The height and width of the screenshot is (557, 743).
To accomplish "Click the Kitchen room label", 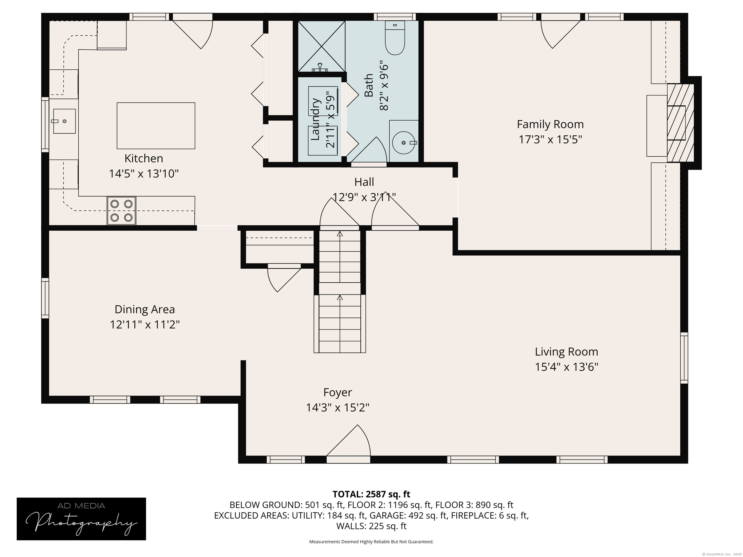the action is click(x=144, y=159).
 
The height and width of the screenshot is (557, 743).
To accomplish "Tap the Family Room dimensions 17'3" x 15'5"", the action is click(x=550, y=139).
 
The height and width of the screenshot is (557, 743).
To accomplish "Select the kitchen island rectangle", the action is click(x=156, y=125).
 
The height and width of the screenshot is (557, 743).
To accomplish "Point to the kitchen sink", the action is click(x=64, y=121).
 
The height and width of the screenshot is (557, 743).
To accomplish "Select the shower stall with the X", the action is click(x=321, y=46).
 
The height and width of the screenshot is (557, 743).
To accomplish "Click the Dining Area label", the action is click(x=145, y=309).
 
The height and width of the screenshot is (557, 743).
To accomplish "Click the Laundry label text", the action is click(x=315, y=119).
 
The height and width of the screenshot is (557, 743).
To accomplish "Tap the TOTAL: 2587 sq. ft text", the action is click(x=371, y=494).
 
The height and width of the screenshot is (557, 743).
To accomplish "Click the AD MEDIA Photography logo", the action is click(x=81, y=519).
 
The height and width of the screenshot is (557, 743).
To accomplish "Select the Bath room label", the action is click(x=369, y=85).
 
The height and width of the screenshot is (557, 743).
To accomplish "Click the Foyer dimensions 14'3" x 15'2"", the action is click(x=338, y=408).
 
